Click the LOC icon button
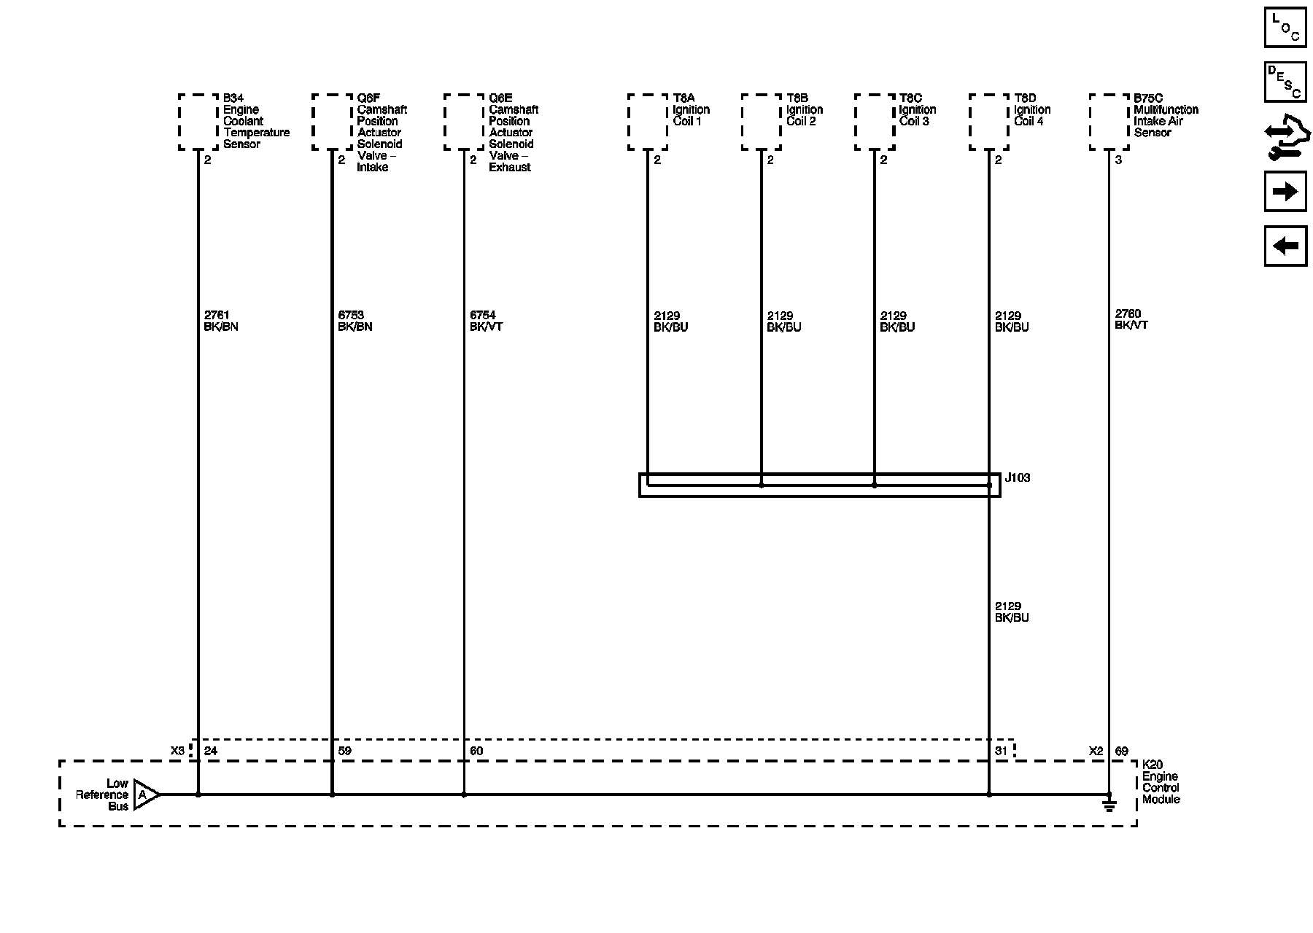click(1285, 28)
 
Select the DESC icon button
click(1285, 82)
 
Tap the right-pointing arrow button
click(1285, 192)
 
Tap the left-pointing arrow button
click(1285, 246)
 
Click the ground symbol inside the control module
click(1109, 805)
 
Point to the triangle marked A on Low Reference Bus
click(145, 795)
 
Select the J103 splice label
click(1018, 478)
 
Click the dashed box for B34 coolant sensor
click(198, 122)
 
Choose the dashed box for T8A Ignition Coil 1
click(648, 122)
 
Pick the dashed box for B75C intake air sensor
click(1109, 122)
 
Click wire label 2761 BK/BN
click(221, 321)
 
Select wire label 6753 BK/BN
click(355, 321)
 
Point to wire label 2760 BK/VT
click(1131, 319)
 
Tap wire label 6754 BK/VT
click(486, 321)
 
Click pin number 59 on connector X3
click(344, 751)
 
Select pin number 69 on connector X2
click(1121, 751)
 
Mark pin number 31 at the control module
click(1001, 751)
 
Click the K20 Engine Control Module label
click(1160, 782)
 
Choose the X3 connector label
click(177, 751)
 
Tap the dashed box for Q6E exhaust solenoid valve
click(464, 122)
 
